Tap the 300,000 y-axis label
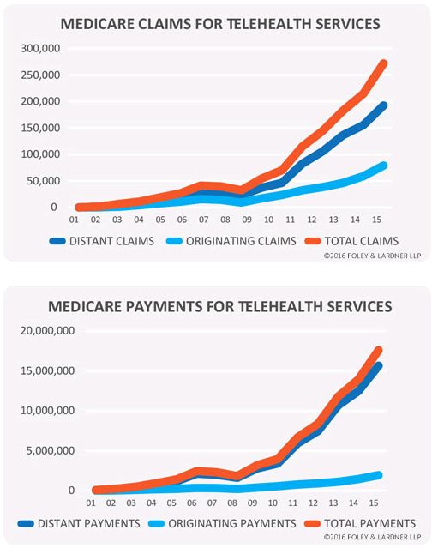tap(40, 48)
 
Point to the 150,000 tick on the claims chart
tap(40, 128)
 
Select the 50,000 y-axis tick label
tap(44, 181)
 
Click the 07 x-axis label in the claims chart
tap(204, 220)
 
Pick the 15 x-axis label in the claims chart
tap(376, 220)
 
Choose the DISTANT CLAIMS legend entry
tap(102, 241)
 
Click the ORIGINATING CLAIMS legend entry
tap(231, 241)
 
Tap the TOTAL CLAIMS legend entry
tap(351, 241)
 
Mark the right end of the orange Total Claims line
tap(383, 63)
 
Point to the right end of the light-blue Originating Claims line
tap(383, 166)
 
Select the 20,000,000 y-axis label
tap(47, 331)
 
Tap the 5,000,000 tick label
tap(51, 450)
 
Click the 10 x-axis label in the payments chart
tap(273, 503)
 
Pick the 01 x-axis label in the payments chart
tap(91, 503)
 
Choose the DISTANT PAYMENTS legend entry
tap(79, 523)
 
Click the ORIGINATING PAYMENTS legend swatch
tap(156, 523)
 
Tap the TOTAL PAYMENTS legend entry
tap(360, 523)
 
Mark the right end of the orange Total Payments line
tap(378, 350)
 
